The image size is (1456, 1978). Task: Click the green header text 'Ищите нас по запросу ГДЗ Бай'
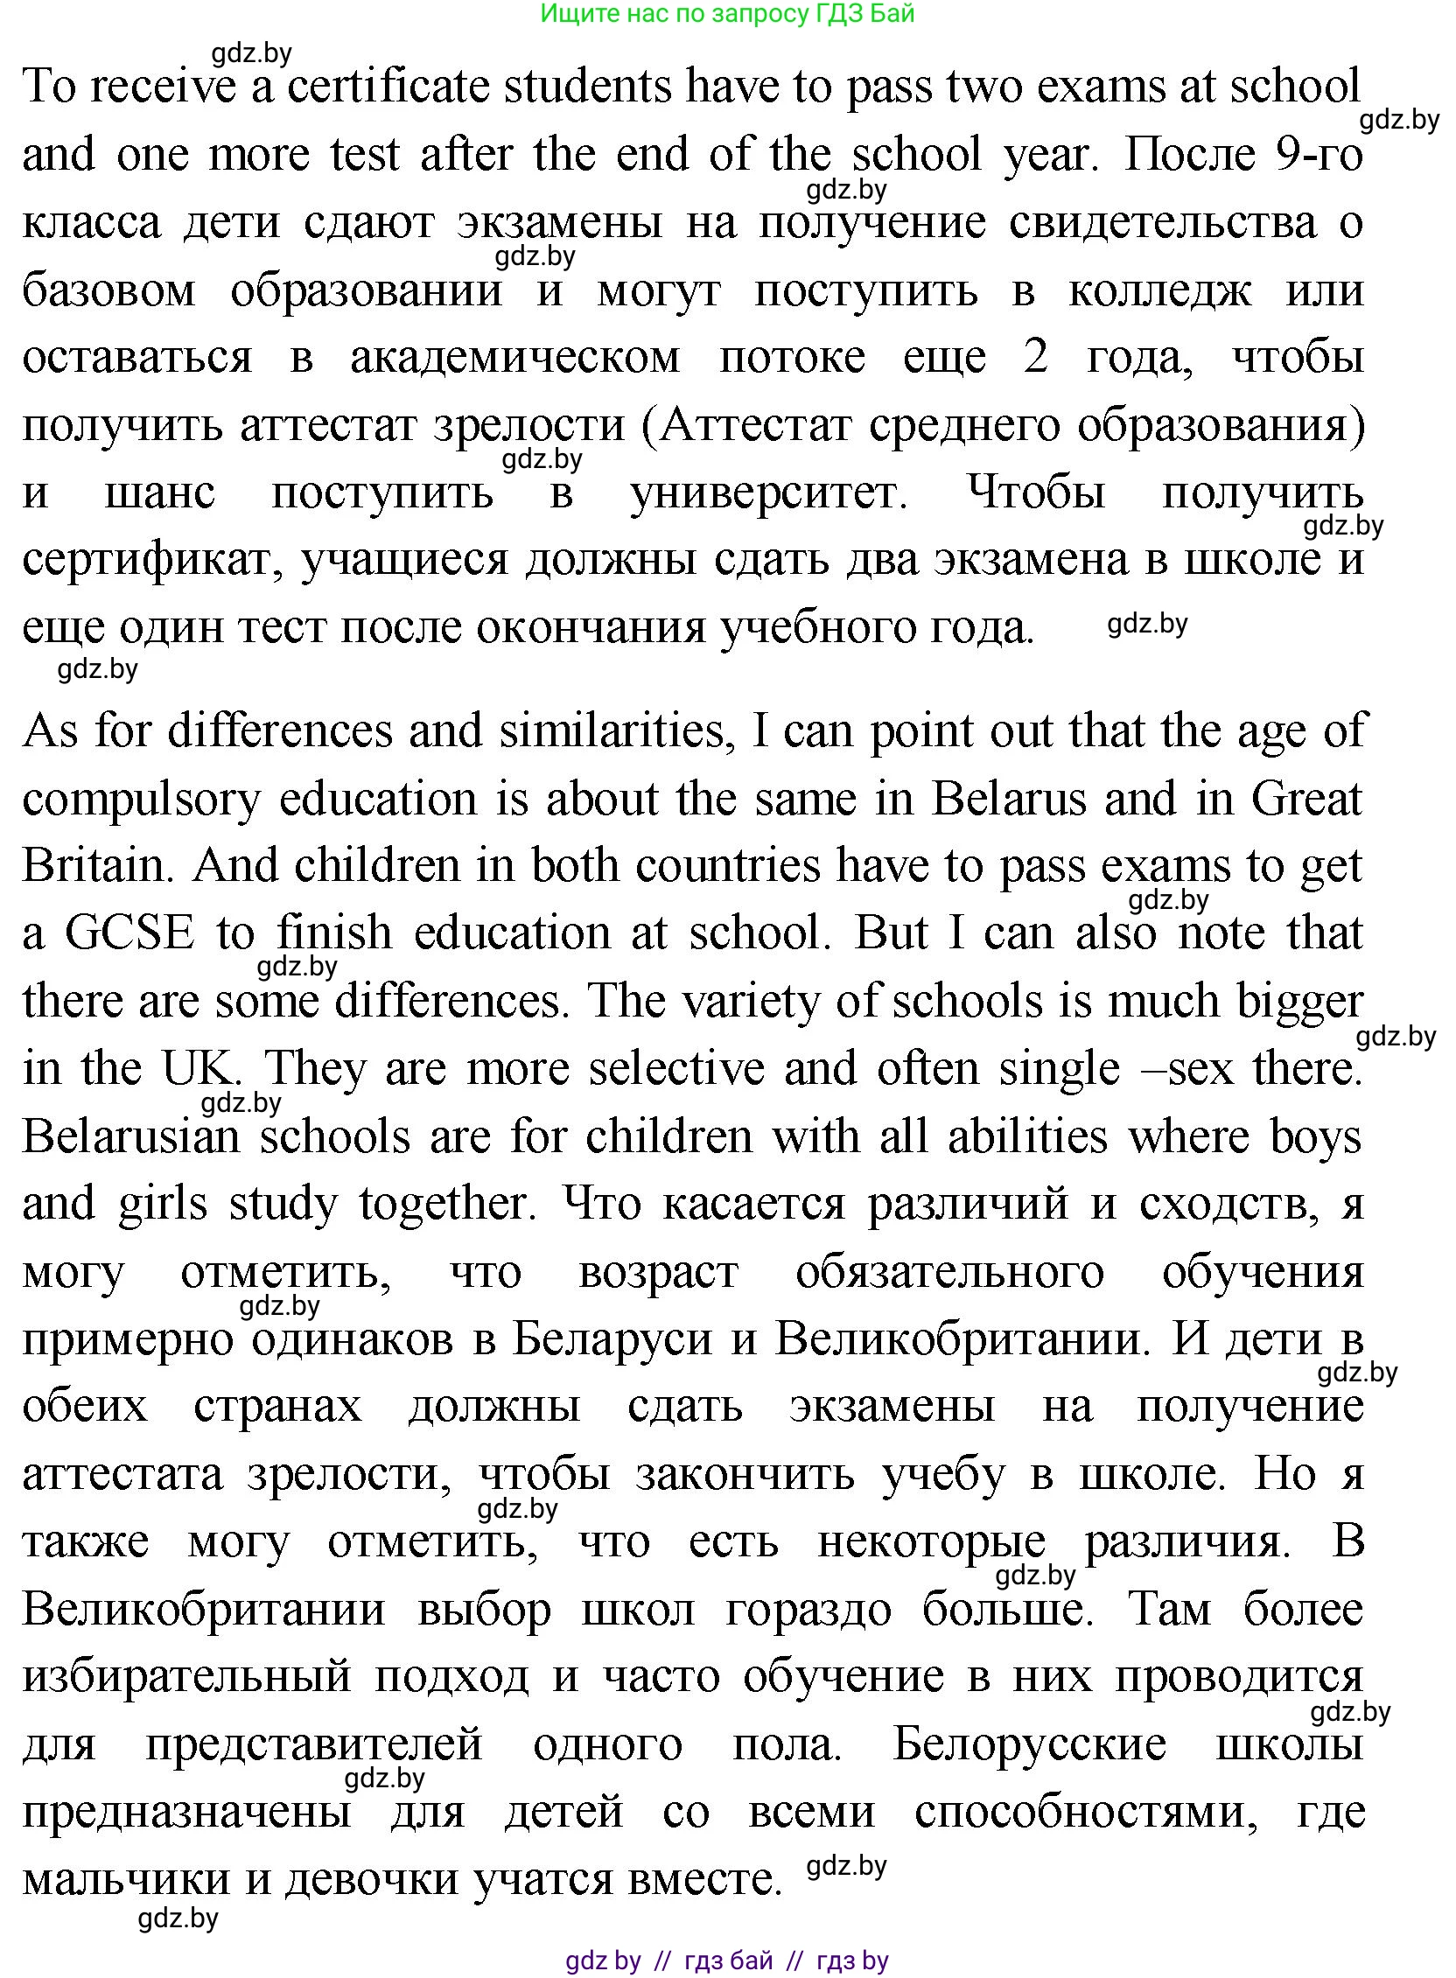pyautogui.click(x=727, y=14)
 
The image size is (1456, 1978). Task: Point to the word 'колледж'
pyautogui.click(x=1160, y=290)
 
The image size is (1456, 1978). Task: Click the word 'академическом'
pyautogui.click(x=515, y=358)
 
